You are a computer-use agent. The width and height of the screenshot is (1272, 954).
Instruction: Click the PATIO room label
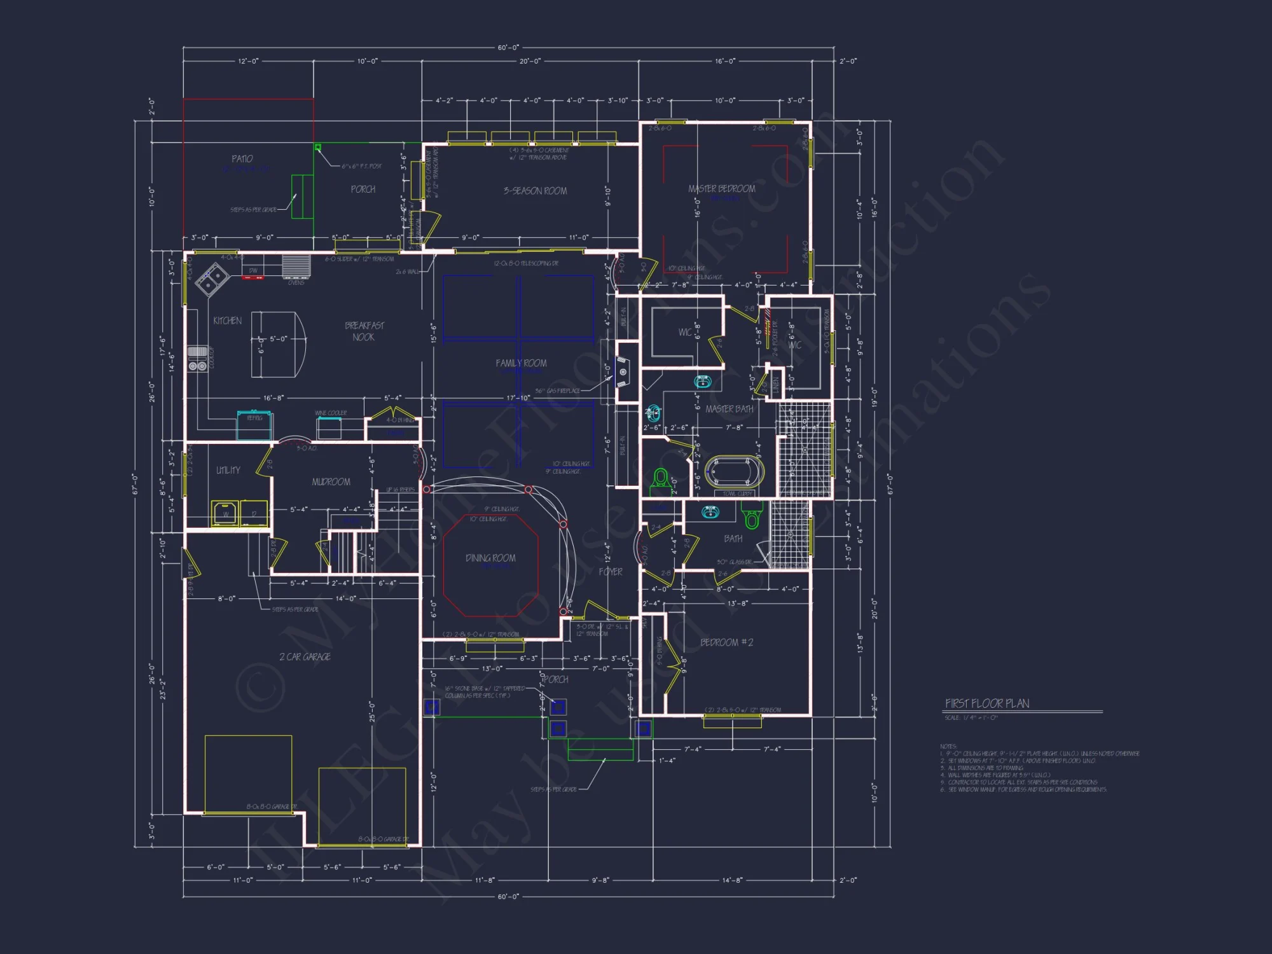(242, 159)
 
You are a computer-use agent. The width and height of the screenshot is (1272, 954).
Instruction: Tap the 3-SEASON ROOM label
(535, 191)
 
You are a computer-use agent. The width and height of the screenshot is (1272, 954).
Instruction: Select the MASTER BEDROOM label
(721, 189)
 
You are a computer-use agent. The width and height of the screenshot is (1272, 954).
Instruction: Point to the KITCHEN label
(227, 321)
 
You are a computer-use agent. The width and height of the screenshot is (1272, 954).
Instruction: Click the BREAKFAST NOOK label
(364, 331)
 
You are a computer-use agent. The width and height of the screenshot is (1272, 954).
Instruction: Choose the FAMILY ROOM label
(521, 363)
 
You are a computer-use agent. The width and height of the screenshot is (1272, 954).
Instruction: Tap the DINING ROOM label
(490, 558)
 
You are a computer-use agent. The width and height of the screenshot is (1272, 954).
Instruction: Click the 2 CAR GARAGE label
(305, 656)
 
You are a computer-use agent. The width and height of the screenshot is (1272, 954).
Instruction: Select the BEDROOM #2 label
(726, 642)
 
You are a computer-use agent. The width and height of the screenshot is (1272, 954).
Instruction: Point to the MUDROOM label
(331, 482)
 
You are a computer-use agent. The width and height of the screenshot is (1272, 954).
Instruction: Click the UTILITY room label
(228, 470)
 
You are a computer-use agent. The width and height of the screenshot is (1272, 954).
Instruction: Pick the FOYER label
(610, 572)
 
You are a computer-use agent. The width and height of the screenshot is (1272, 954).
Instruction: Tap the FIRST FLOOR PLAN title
(987, 703)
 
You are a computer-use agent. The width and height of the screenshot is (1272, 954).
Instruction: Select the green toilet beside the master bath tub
(661, 478)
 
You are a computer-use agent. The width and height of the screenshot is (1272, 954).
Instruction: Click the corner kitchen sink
(212, 280)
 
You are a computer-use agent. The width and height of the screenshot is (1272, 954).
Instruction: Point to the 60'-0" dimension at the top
(508, 48)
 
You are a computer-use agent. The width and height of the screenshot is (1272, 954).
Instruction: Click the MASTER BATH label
(729, 409)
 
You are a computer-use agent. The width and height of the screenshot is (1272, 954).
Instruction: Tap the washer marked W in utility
(225, 513)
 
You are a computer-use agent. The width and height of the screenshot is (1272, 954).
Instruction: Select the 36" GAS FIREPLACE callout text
(557, 391)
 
